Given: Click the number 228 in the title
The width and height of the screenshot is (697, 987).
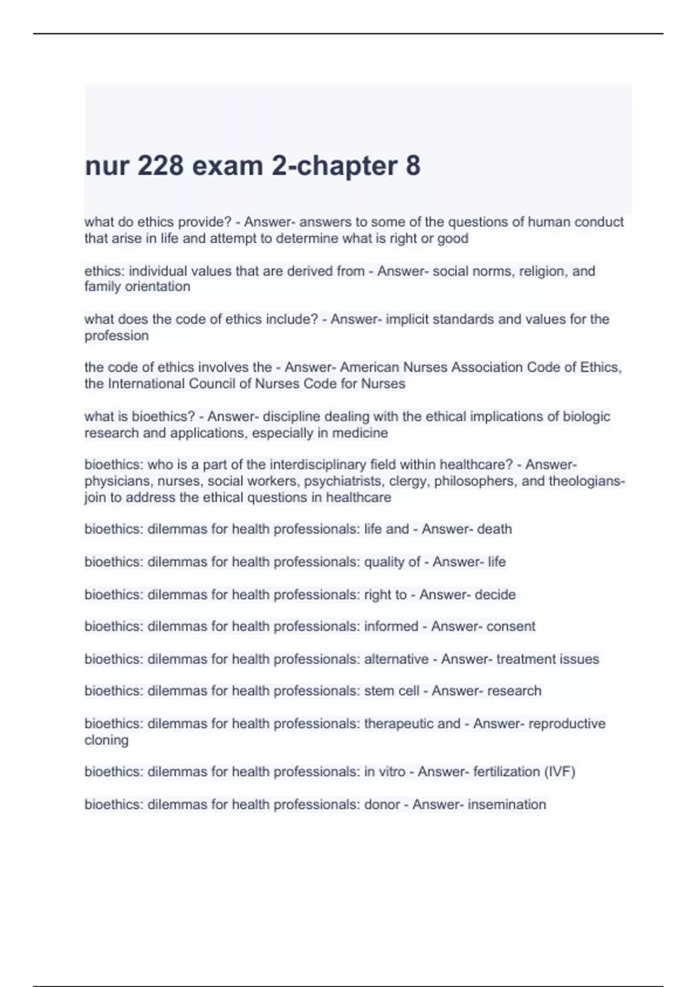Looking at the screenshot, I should pos(159,166).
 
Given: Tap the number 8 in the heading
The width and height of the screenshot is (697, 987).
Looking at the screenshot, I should pos(412,166).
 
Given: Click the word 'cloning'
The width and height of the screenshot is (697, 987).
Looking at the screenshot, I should pos(106,740).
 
